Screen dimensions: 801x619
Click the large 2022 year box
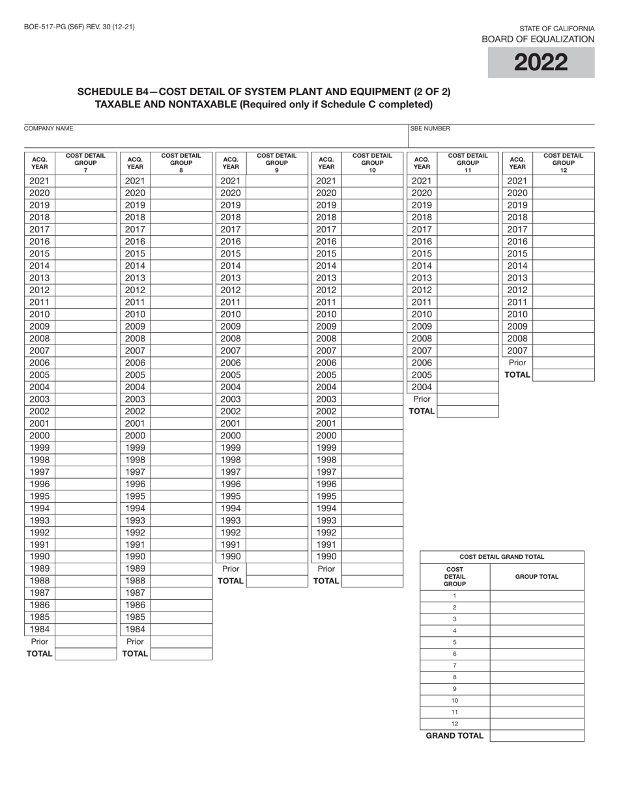pos(541,63)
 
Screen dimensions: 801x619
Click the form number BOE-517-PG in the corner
pos(79,27)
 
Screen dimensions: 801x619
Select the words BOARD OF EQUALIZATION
pos(538,39)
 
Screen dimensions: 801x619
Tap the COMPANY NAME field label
pos(48,129)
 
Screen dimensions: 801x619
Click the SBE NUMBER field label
pos(430,129)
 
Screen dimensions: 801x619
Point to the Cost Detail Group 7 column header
pos(85,163)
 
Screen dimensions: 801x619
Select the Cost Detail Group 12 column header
pos(564,163)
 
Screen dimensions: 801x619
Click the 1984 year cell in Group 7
pos(40,629)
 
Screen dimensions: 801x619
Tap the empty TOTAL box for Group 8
pos(181,654)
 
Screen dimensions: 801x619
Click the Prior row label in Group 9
pos(231,569)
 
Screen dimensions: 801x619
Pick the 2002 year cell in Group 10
pos(326,411)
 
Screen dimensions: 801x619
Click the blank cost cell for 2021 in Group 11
pos(467,181)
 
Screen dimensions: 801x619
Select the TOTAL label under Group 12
pos(517,375)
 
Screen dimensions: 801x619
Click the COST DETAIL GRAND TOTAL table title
pos(502,557)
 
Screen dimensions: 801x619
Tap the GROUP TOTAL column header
pos(536,576)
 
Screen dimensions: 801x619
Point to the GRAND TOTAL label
pos(455,736)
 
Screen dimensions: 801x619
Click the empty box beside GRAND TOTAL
pos(536,736)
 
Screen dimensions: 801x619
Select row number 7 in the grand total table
pos(454,666)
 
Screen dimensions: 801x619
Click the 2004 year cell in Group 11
pos(422,387)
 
